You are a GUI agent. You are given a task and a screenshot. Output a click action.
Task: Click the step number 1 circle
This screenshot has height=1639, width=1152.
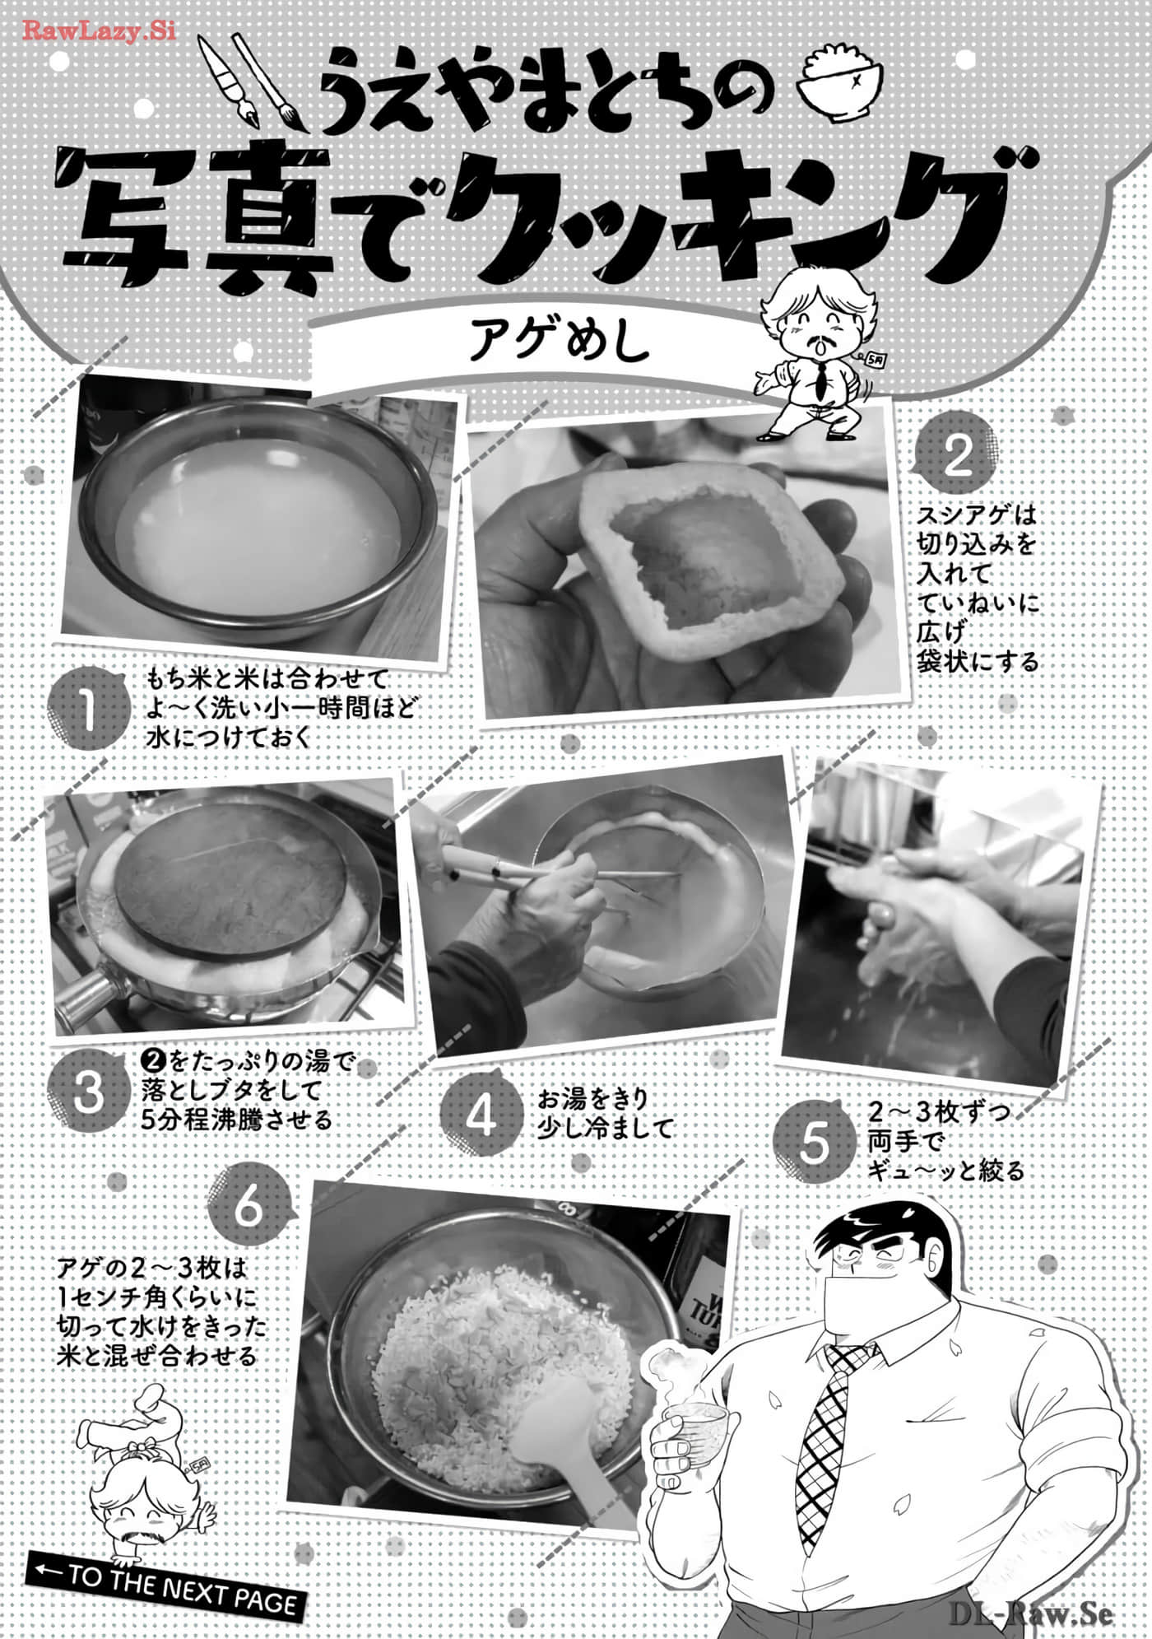tap(86, 710)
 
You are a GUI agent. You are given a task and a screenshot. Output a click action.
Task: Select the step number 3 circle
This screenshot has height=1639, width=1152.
tap(88, 1092)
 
